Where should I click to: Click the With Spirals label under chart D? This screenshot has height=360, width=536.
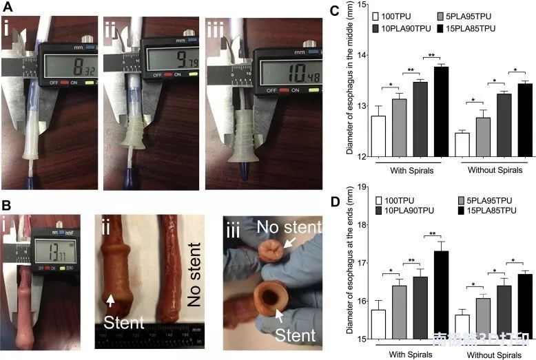(x=406, y=354)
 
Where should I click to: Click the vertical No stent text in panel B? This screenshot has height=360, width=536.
(x=196, y=268)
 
